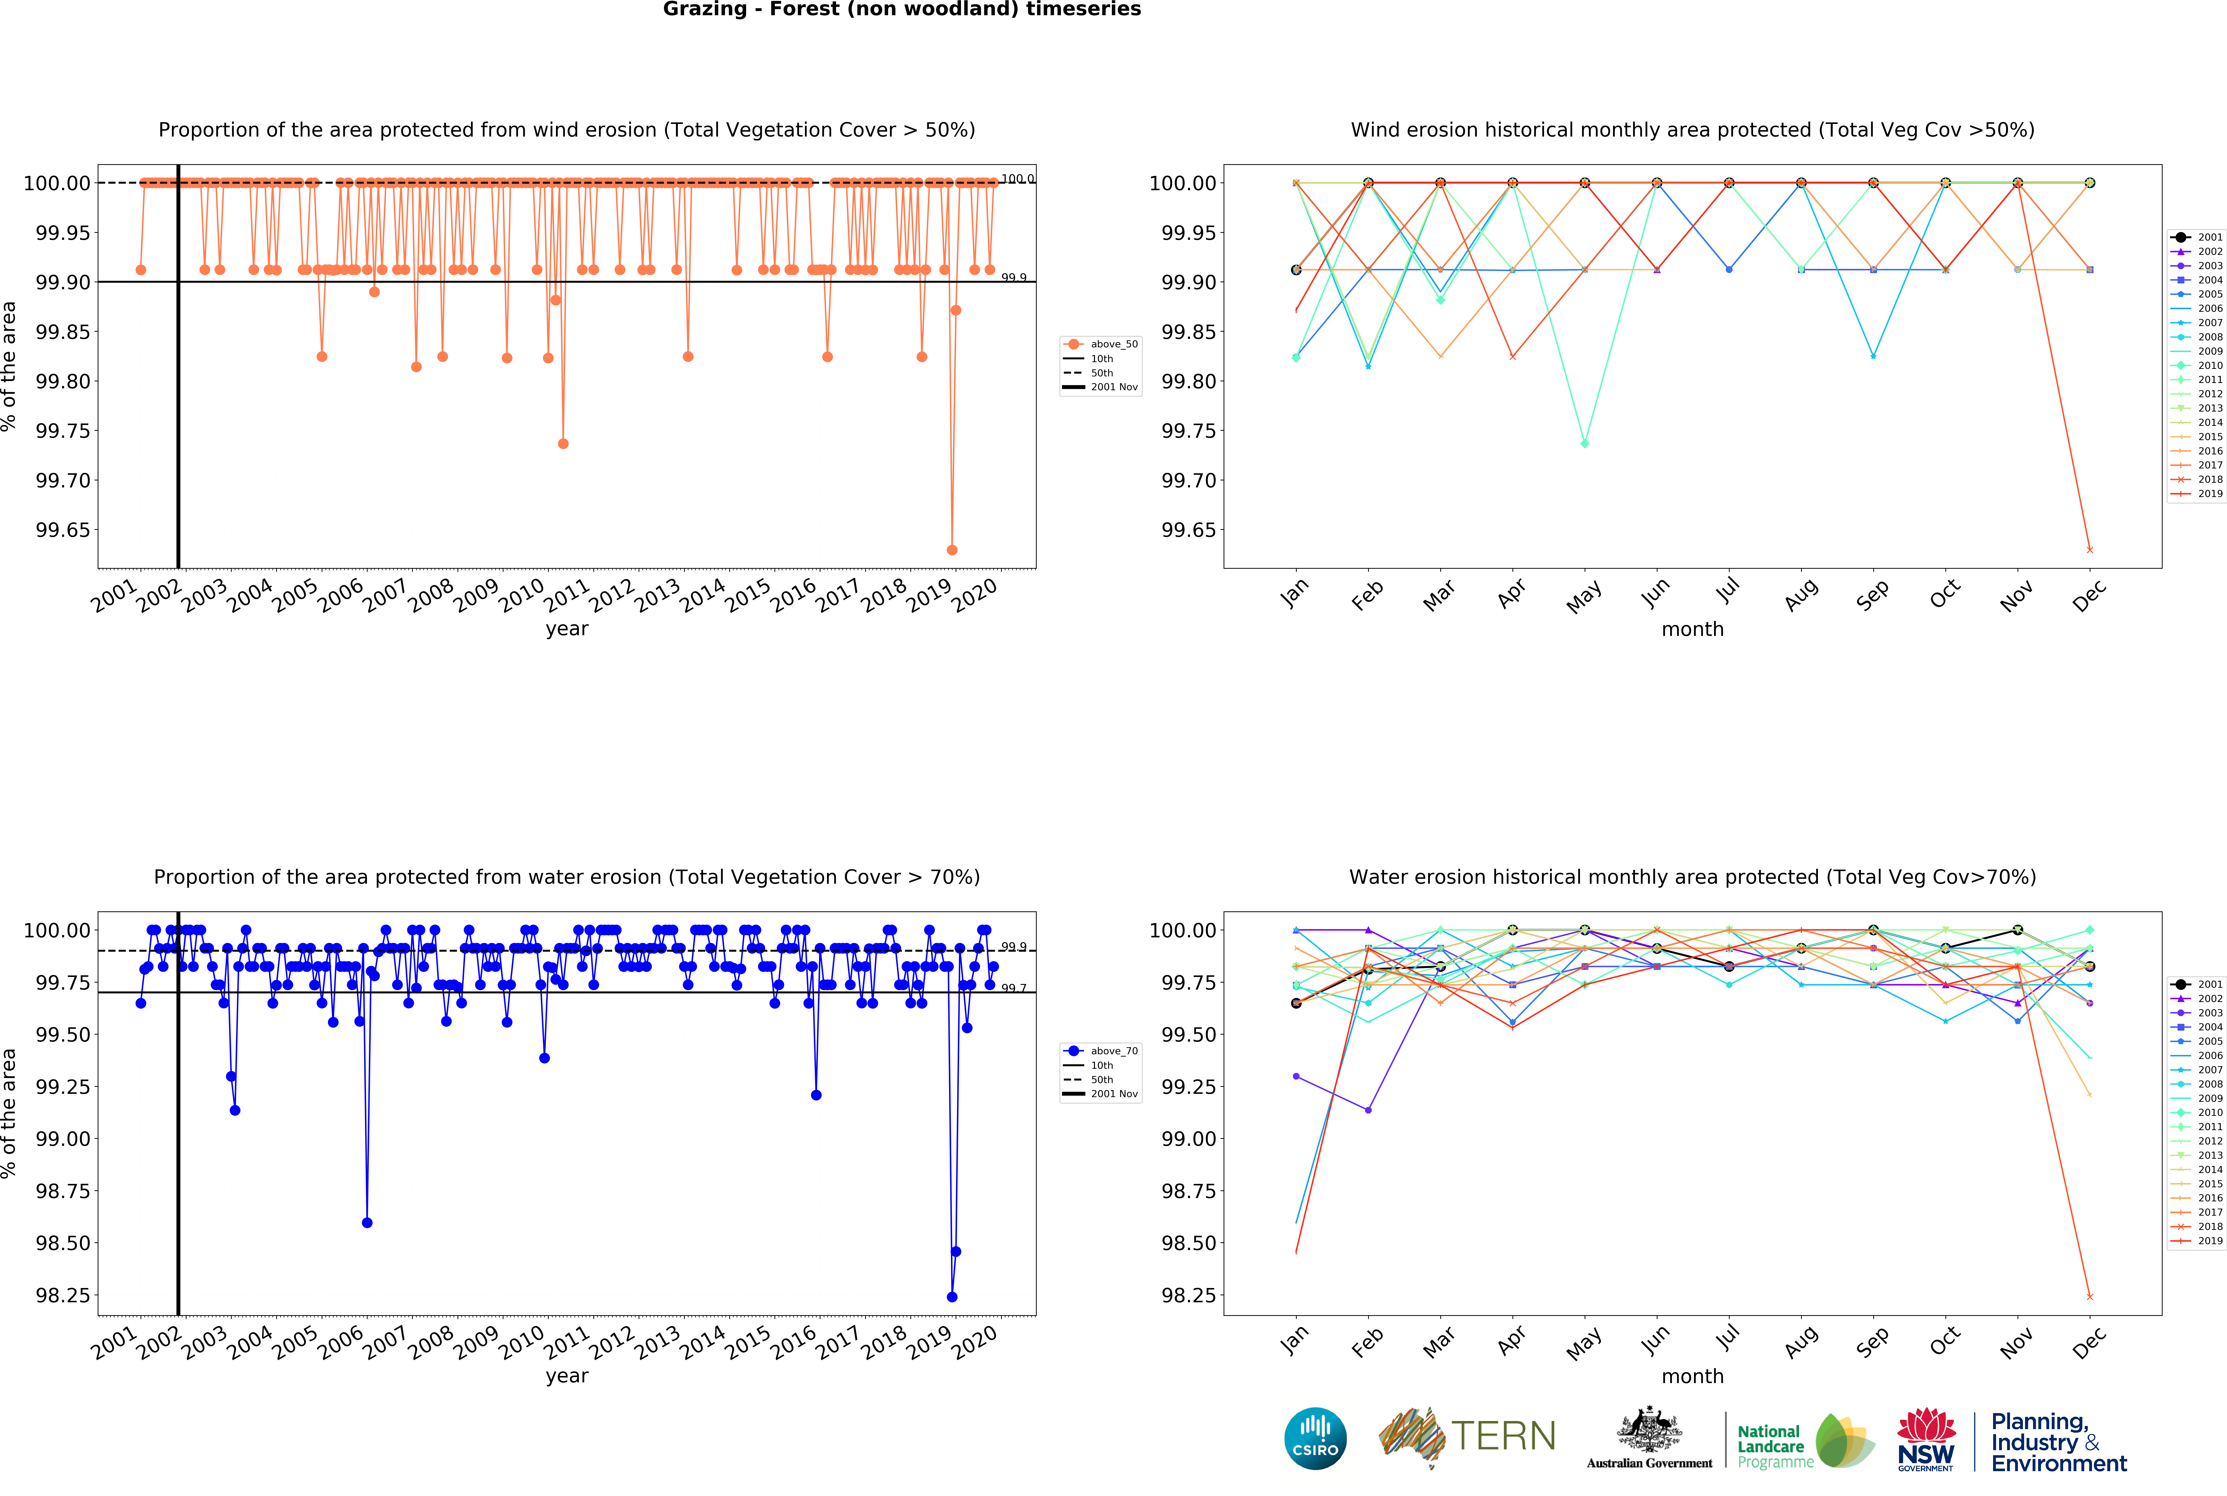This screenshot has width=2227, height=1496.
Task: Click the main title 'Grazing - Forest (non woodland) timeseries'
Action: pos(902,10)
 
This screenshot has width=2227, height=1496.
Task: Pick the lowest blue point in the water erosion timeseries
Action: pos(951,1297)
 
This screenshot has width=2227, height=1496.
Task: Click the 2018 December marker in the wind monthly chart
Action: pos(2090,549)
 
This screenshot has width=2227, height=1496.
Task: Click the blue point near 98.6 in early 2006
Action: pos(367,1222)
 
